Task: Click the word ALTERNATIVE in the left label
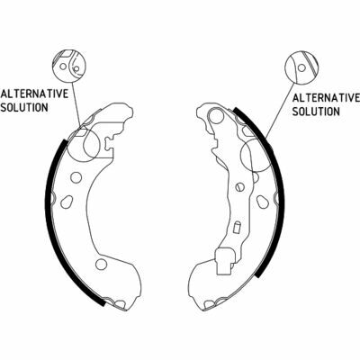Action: (34, 94)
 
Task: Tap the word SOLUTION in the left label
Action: (24, 107)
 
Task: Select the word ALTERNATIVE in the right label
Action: (326, 98)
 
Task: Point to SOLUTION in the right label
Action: (316, 112)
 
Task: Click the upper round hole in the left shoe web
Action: (76, 177)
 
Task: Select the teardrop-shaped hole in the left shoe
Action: (67, 202)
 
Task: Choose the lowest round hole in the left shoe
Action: (101, 265)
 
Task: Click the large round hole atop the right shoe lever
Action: (216, 116)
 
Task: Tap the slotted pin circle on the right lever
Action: (239, 187)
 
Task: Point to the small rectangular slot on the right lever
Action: (237, 228)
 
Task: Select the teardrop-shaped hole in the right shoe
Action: (262, 202)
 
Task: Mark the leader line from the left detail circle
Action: (76, 105)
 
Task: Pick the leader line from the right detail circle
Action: (280, 110)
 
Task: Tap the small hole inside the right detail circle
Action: (301, 68)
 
